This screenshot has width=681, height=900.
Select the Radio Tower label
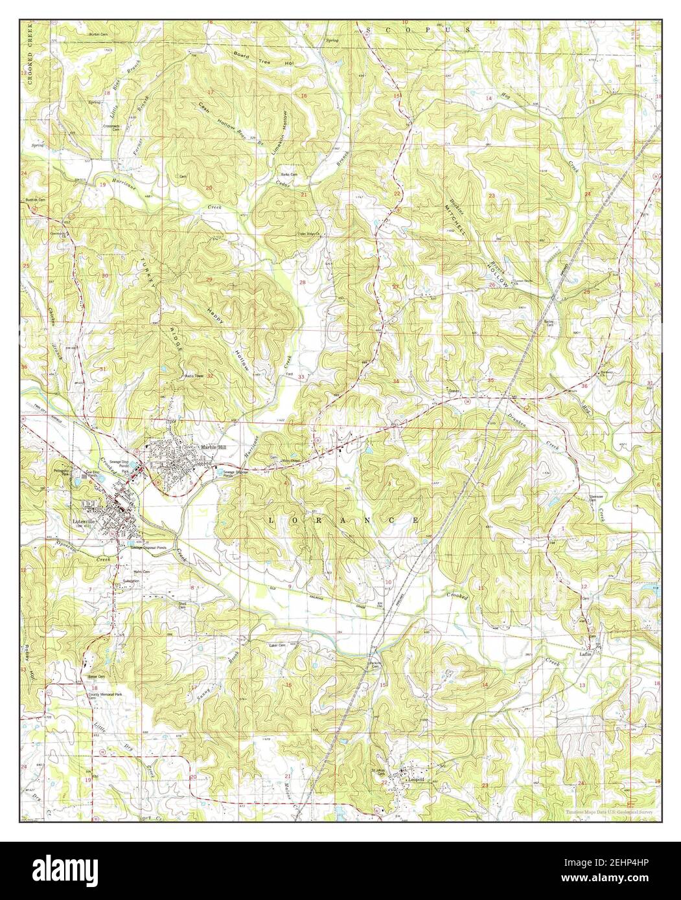[195, 376]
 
